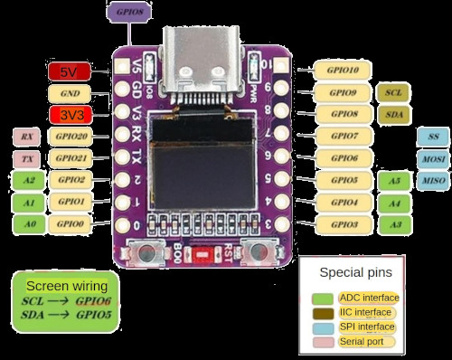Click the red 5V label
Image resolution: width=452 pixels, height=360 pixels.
point(68,71)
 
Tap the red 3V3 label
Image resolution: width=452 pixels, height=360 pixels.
point(69,115)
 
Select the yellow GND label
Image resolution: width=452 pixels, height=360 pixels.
point(69,93)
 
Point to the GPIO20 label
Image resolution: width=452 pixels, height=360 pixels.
point(71,137)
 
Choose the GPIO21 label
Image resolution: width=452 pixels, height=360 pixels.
point(71,158)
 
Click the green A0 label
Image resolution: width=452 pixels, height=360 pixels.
point(29,223)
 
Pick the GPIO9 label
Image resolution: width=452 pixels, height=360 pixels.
point(343,92)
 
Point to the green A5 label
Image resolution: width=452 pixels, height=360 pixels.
point(393,181)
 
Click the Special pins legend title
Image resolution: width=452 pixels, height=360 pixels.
point(351,270)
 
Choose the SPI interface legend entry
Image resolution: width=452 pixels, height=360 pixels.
point(366,327)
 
